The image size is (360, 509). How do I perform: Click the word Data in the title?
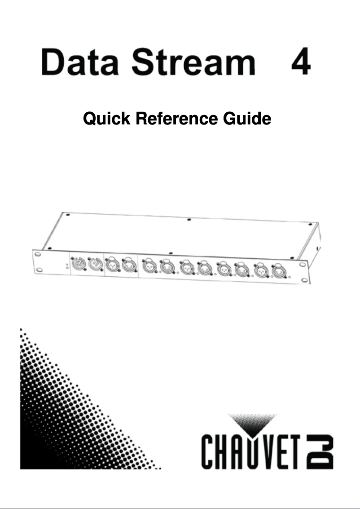tap(80, 62)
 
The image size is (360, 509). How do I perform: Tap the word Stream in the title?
tap(193, 62)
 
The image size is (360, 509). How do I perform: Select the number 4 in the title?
tap(301, 62)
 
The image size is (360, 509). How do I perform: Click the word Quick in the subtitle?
tap(107, 119)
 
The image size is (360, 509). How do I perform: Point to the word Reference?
tap(176, 119)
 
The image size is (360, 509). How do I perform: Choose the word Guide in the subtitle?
tap(247, 119)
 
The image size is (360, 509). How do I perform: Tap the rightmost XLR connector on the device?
tap(279, 272)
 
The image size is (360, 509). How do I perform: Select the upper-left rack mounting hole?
tap(37, 254)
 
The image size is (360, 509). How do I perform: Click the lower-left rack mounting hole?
tap(40, 270)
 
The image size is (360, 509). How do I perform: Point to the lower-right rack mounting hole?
tap(304, 280)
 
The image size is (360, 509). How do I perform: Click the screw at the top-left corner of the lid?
tap(68, 215)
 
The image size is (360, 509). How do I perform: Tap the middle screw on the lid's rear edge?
tap(189, 220)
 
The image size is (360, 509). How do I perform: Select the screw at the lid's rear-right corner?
tap(310, 224)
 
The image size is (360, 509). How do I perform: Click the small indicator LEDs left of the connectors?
tap(67, 266)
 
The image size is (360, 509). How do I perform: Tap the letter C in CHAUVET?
tap(209, 452)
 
